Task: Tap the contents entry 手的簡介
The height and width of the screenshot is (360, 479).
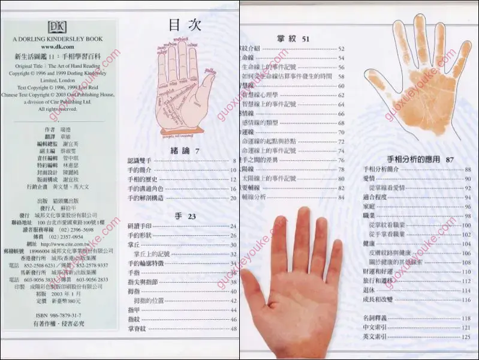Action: click(x=139, y=170)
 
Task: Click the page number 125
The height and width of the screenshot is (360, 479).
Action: click(x=466, y=337)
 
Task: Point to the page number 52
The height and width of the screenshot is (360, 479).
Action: click(x=341, y=49)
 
